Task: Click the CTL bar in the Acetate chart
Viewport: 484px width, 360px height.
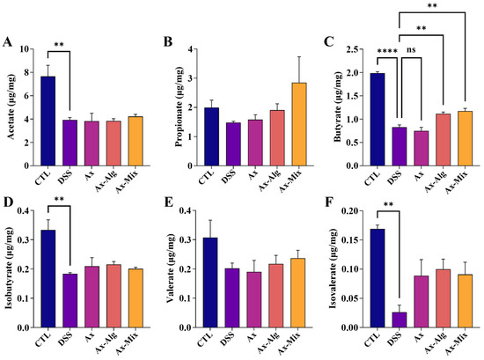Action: click(x=48, y=121)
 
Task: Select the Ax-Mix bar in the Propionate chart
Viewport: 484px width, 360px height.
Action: click(x=299, y=124)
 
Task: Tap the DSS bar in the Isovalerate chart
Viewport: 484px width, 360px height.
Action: click(x=400, y=320)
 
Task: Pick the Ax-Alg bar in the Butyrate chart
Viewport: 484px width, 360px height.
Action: click(x=444, y=140)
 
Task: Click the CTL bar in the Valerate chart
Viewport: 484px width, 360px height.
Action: click(x=210, y=283)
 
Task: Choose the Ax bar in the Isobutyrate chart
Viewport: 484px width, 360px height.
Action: click(x=92, y=297)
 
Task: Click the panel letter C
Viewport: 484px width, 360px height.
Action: click(x=328, y=41)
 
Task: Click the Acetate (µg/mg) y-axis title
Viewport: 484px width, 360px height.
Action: click(x=11, y=107)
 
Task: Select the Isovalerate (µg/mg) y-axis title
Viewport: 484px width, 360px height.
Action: click(x=333, y=268)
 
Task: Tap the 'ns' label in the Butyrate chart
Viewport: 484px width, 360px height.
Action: click(x=411, y=49)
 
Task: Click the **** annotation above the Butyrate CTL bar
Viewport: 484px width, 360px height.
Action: click(x=387, y=51)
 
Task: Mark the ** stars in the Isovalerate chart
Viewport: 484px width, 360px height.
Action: click(x=388, y=204)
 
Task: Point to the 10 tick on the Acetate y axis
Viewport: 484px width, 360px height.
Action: click(x=25, y=48)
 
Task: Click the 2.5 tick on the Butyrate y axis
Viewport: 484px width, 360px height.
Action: click(x=355, y=49)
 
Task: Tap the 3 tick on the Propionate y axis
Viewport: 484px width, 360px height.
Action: click(x=190, y=77)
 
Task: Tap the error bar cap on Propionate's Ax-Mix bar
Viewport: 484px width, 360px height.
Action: click(x=299, y=57)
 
